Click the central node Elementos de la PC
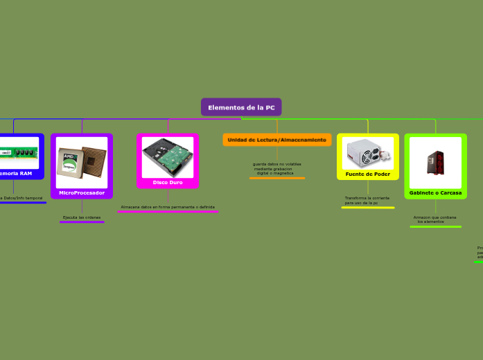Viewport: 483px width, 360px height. [241, 107]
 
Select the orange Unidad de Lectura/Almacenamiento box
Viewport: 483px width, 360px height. [277, 140]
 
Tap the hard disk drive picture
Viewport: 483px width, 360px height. [168, 156]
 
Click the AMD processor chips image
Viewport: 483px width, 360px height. [81, 162]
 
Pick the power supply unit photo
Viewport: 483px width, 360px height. [368, 153]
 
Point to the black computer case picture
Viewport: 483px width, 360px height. [435, 161]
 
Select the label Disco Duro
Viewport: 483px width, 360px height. [168, 182]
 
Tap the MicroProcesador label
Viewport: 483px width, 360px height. [82, 192]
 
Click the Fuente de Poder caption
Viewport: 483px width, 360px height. [368, 174]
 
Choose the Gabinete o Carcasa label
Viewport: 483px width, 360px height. [435, 192]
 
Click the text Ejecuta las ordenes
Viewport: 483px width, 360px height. [82, 217]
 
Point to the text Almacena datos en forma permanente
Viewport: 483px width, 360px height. [168, 207]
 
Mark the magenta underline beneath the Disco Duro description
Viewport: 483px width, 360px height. [168, 212]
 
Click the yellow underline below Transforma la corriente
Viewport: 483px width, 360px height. [367, 207]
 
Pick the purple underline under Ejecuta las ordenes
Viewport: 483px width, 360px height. [82, 222]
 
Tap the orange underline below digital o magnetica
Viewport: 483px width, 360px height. [276, 178]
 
